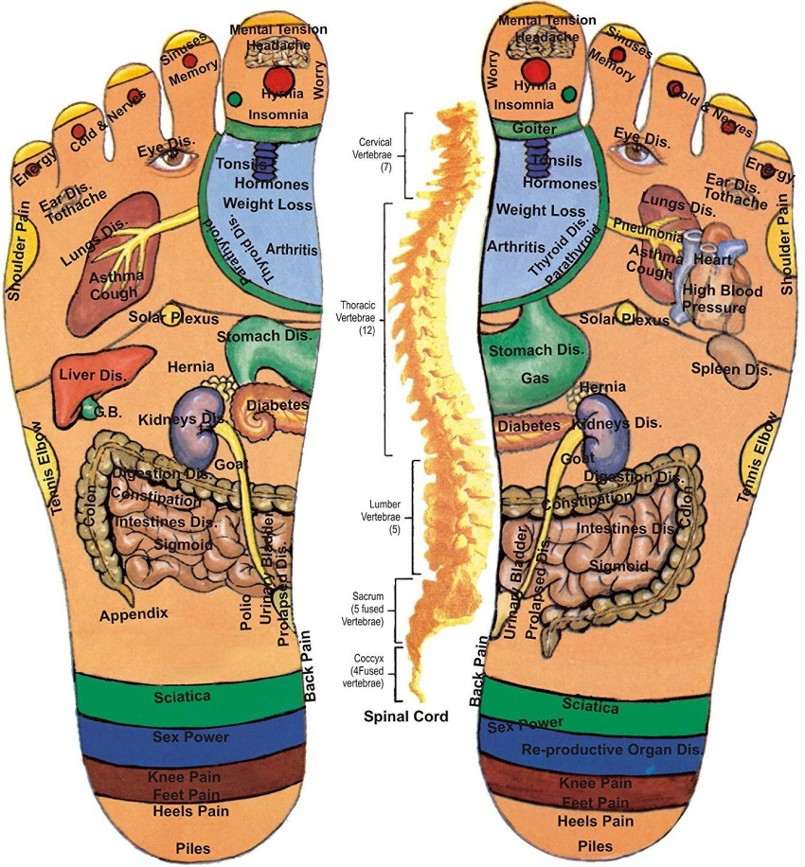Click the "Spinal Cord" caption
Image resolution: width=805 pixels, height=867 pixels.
[x=406, y=717]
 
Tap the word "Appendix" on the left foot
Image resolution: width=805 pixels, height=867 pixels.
[x=134, y=614]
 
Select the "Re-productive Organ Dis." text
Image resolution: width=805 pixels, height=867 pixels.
[x=612, y=750]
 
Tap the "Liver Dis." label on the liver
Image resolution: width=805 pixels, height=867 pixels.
[x=94, y=377]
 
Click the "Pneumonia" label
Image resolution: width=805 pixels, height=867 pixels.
[x=648, y=231]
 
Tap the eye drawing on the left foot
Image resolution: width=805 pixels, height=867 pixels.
[x=172, y=160]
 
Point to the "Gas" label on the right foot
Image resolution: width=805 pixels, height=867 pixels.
[x=508, y=378]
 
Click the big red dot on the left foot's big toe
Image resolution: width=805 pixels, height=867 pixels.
[x=279, y=77]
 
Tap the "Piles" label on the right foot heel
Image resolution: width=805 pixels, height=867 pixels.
[x=595, y=845]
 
